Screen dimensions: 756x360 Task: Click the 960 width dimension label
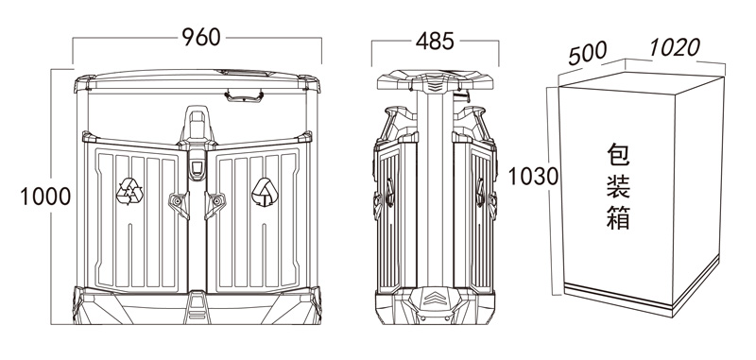(201, 37)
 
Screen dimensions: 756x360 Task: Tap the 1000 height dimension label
(45, 197)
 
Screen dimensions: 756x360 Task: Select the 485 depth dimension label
(435, 42)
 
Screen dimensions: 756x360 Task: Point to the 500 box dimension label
(587, 53)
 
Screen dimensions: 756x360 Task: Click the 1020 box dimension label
(674, 47)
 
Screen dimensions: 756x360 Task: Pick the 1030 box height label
(533, 177)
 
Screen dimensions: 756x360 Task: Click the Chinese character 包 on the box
(619, 155)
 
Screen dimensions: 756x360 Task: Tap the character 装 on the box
(619, 186)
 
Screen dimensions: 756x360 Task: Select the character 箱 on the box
(619, 217)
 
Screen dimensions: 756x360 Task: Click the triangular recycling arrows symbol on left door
(129, 191)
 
